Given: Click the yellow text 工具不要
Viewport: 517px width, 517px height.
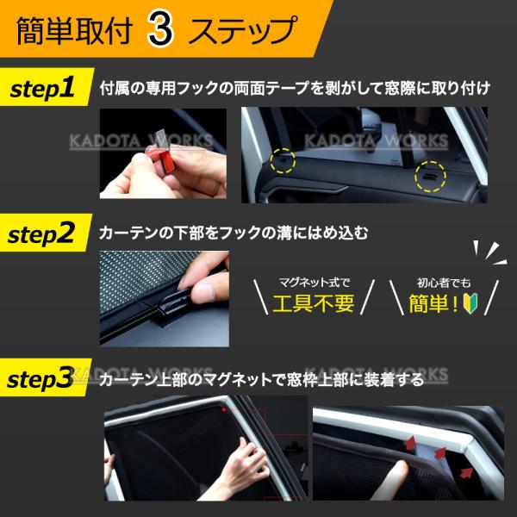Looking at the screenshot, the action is pyautogui.click(x=314, y=303).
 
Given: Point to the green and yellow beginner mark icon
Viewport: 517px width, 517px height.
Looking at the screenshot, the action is pyautogui.click(x=470, y=302).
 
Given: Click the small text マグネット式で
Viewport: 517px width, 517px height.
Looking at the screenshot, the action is pyautogui.click(x=314, y=283).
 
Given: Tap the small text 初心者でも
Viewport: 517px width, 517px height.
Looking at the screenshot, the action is pyautogui.click(x=444, y=283).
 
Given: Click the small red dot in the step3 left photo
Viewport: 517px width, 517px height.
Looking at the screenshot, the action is pyautogui.click(x=224, y=410).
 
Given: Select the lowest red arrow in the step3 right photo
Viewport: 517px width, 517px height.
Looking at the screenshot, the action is pyautogui.click(x=466, y=473).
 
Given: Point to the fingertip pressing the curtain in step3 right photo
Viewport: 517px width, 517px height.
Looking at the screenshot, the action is pyautogui.click(x=400, y=469).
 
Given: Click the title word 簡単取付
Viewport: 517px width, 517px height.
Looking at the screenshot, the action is pyautogui.click(x=74, y=31).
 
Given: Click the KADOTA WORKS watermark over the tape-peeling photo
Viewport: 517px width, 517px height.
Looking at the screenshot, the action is pyautogui.click(x=141, y=141).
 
